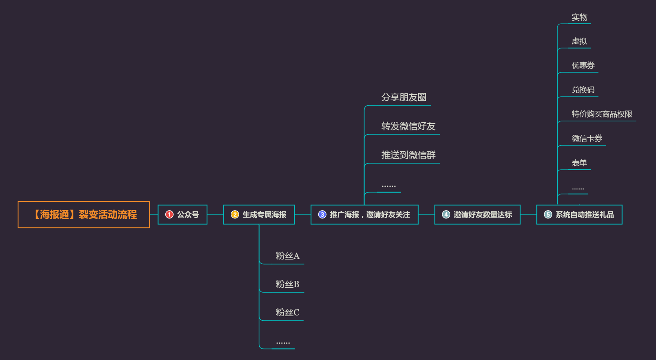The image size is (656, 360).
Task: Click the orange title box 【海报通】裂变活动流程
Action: [x=84, y=214]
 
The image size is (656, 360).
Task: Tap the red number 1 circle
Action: [x=169, y=214]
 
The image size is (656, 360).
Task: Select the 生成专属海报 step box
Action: [x=259, y=214]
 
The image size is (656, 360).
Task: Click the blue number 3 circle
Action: [x=322, y=214]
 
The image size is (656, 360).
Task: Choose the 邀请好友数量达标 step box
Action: [x=477, y=214]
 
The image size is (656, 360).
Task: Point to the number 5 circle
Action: [x=548, y=214]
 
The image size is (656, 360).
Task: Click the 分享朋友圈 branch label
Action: [x=404, y=97]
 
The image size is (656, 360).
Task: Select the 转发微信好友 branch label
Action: [x=408, y=126]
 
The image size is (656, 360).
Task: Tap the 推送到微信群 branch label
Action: [x=408, y=155]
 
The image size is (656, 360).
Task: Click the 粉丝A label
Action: [x=288, y=256]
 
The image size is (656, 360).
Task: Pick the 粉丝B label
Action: [x=288, y=284]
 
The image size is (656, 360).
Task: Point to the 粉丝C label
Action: [x=288, y=312]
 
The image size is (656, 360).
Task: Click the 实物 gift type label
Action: [x=579, y=17]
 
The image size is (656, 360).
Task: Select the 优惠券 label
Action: [x=583, y=65]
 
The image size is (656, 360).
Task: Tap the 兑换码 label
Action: [x=583, y=90]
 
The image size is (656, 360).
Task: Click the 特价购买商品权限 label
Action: [x=602, y=114]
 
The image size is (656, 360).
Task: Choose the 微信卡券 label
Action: [x=587, y=138]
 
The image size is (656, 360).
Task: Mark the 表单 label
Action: [x=579, y=163]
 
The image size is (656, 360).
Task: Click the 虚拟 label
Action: [x=579, y=41]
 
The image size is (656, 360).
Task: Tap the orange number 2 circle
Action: [x=235, y=214]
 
